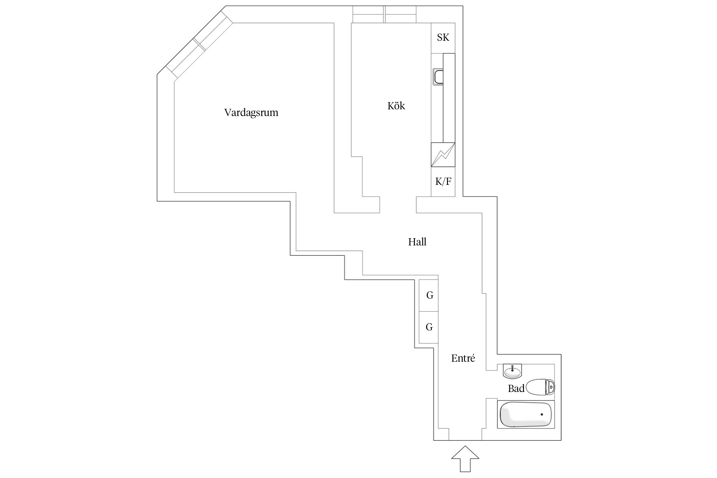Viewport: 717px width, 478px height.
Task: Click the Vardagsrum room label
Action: pyautogui.click(x=251, y=113)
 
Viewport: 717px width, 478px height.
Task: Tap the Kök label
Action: pyautogui.click(x=396, y=106)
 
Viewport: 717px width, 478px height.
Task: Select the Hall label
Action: pyautogui.click(x=417, y=242)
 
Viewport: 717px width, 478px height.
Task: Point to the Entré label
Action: pyautogui.click(x=463, y=358)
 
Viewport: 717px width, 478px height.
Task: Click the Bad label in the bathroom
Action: pyautogui.click(x=516, y=388)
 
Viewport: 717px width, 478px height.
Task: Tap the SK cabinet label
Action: pyautogui.click(x=443, y=38)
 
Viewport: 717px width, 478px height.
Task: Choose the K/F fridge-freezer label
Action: pyautogui.click(x=443, y=182)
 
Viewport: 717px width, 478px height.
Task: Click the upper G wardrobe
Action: pyautogui.click(x=429, y=295)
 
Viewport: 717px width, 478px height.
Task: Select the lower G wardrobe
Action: pyautogui.click(x=429, y=327)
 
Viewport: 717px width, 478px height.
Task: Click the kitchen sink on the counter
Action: pyautogui.click(x=438, y=77)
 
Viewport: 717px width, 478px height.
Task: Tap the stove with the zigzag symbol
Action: pyautogui.click(x=443, y=155)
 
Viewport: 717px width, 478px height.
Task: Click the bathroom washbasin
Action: pyautogui.click(x=512, y=371)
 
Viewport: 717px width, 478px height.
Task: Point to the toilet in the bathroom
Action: pyautogui.click(x=540, y=387)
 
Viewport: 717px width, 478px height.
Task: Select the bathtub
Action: pyautogui.click(x=526, y=414)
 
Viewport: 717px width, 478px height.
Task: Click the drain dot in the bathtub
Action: pyautogui.click(x=541, y=414)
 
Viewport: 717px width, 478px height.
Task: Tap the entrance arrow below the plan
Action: pyautogui.click(x=465, y=459)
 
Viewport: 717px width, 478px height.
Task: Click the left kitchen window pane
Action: pyautogui.click(x=368, y=14)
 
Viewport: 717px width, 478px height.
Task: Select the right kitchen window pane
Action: pyautogui.click(x=401, y=14)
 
